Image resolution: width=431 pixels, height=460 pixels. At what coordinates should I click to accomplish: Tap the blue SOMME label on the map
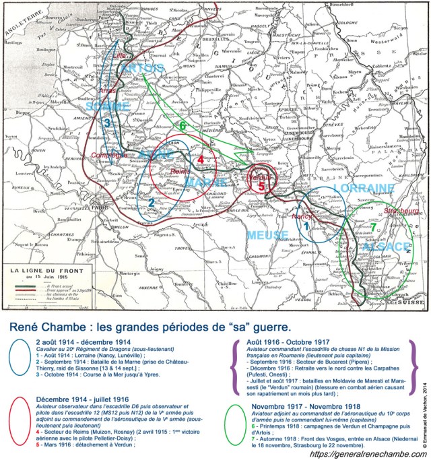[x=108, y=106]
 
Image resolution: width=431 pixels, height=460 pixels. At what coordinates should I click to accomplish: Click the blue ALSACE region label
[x=385, y=247]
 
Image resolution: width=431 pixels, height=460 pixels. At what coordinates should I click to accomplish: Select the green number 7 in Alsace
[x=373, y=227]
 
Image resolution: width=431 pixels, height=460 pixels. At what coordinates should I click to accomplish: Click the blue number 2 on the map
[x=152, y=202]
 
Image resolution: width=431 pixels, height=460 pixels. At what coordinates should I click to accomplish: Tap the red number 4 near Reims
[x=200, y=159]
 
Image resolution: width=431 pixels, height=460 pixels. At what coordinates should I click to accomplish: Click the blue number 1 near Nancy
[x=304, y=227]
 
